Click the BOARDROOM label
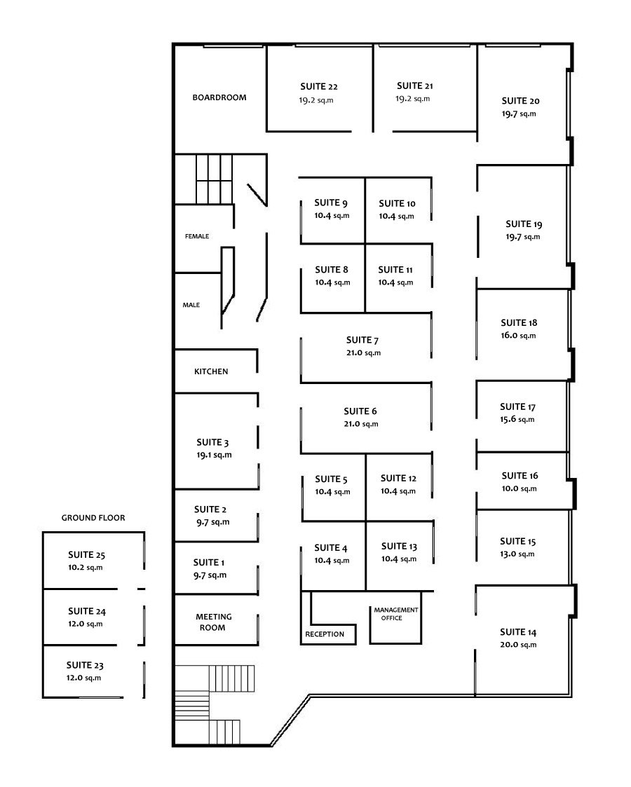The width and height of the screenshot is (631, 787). point(219,97)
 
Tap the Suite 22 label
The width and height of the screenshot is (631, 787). point(319,86)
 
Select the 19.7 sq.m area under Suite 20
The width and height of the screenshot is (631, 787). point(519,114)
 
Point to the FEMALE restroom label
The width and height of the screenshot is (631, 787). point(197,236)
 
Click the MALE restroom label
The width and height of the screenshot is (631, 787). point(191,305)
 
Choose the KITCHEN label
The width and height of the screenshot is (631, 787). point(211,371)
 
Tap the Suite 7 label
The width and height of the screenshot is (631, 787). point(362,341)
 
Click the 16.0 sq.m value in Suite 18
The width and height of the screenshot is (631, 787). point(518,335)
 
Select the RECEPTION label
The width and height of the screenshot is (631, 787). point(325,634)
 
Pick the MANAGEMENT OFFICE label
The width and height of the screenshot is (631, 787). point(395,614)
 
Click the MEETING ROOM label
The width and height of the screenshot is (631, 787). point(213,622)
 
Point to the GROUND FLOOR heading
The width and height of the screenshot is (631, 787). point(93,517)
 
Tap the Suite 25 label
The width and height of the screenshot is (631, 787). point(86,554)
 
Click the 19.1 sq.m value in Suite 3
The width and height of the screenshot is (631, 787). point(214,456)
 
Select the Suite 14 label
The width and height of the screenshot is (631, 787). point(518,632)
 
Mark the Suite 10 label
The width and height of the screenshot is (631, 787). point(397,203)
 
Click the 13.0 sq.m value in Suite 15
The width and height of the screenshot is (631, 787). point(517,554)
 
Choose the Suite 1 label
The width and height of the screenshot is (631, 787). point(209,562)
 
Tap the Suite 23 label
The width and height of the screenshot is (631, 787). point(85,665)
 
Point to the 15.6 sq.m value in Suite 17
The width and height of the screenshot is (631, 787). point(517,419)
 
